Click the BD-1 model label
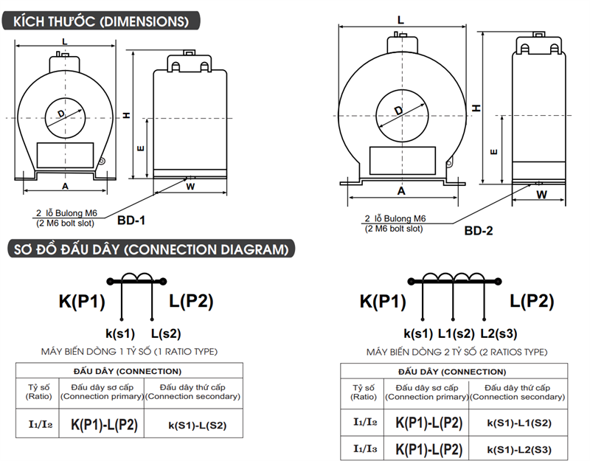click(x=131, y=220)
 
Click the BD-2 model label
click(x=479, y=230)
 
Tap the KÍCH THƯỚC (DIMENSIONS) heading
click(x=100, y=21)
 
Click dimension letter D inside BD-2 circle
click(x=398, y=111)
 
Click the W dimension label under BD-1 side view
click(x=190, y=187)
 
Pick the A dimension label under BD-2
click(x=401, y=190)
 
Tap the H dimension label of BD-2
click(x=477, y=108)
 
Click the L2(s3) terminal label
click(x=499, y=333)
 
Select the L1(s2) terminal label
click(x=456, y=333)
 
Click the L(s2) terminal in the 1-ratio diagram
click(x=165, y=333)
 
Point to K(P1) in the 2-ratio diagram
click(x=383, y=301)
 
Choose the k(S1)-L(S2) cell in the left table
click(x=197, y=425)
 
